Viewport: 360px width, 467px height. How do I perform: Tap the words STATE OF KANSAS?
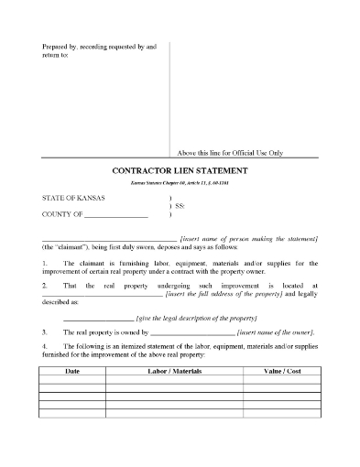[74, 199]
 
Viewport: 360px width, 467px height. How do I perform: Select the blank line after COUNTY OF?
[115, 215]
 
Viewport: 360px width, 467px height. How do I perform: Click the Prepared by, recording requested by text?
[100, 45]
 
